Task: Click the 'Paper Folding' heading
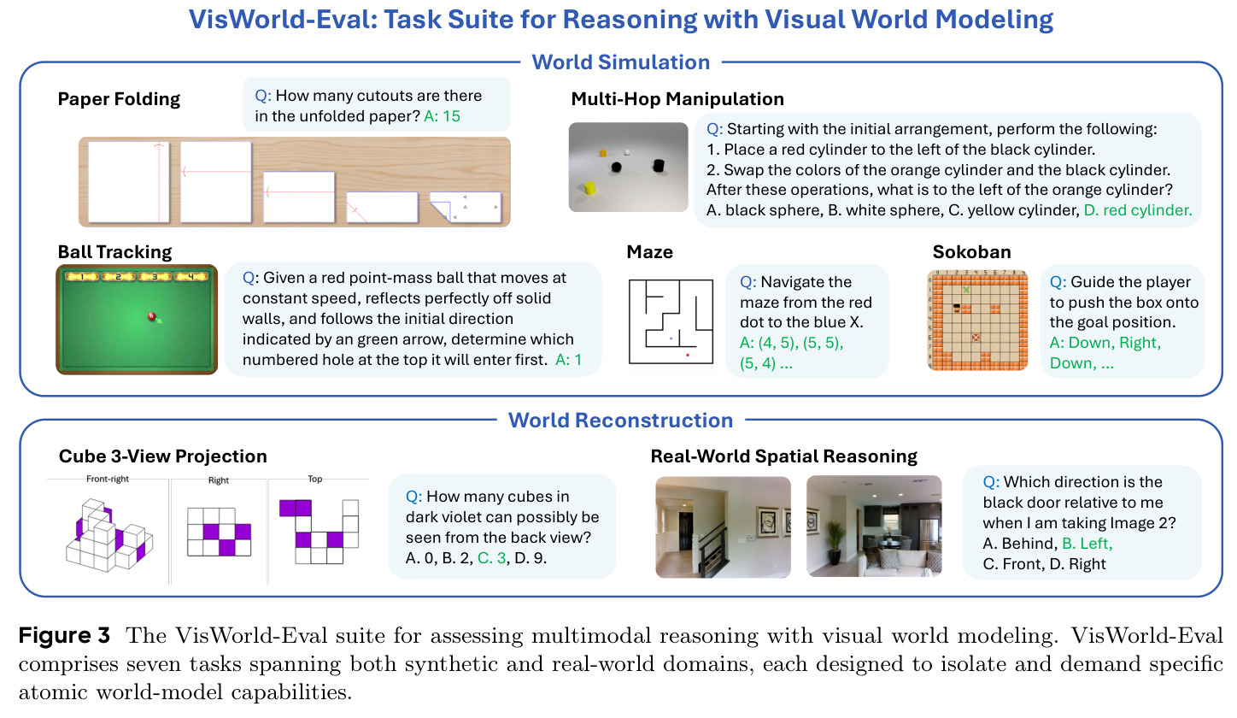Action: (119, 99)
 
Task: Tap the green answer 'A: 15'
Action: (442, 116)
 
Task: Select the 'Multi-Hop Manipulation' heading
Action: (677, 99)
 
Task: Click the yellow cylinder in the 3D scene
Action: (589, 188)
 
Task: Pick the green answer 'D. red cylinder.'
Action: (1138, 210)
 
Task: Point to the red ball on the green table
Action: (151, 316)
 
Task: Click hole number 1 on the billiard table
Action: (82, 276)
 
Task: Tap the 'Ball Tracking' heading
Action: (114, 252)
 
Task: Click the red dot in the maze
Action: (688, 355)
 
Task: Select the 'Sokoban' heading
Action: (972, 252)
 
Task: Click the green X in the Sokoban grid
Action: (966, 290)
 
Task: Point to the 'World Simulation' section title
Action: (621, 62)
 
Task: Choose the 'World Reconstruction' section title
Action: (621, 420)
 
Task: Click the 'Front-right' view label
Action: (107, 479)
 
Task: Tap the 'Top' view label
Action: (314, 479)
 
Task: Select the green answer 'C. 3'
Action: (491, 557)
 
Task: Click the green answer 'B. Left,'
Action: (1087, 544)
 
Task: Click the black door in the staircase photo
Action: (685, 531)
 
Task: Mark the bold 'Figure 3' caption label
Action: (65, 635)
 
